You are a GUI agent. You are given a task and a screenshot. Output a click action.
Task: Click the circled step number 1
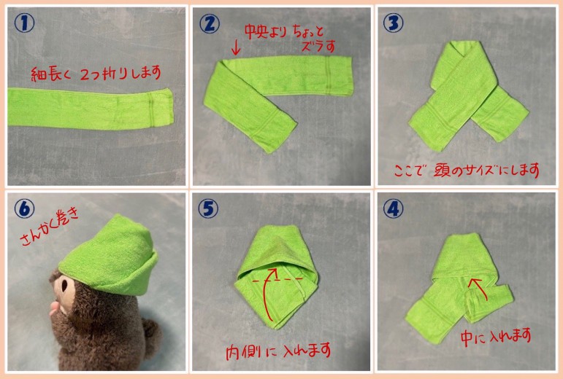[x=24, y=23]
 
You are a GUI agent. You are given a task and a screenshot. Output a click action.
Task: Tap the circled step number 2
[x=210, y=23]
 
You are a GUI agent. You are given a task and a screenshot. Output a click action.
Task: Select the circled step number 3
[x=394, y=23]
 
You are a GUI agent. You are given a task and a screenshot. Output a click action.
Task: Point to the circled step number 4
[x=394, y=208]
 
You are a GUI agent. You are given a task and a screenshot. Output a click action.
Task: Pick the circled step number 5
[x=208, y=209]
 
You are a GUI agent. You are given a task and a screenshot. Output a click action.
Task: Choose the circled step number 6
[x=24, y=208]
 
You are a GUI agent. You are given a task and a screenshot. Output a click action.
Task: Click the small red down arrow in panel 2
[x=236, y=48]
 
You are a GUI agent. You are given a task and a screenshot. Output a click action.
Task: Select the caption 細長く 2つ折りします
[x=96, y=74]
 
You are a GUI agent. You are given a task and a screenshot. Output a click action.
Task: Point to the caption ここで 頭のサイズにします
[x=467, y=170]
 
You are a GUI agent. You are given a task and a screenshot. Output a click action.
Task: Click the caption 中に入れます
[x=496, y=337]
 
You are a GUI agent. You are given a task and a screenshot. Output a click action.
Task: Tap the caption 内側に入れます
[x=278, y=351]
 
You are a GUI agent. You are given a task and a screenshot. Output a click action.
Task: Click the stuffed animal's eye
[x=65, y=286]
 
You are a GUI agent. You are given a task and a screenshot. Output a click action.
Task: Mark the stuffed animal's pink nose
[x=54, y=309]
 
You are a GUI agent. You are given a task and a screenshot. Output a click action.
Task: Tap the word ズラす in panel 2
[x=318, y=47]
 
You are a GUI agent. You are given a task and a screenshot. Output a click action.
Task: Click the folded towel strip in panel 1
[x=91, y=109]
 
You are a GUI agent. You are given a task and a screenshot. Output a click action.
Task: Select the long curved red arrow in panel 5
[x=265, y=294]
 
